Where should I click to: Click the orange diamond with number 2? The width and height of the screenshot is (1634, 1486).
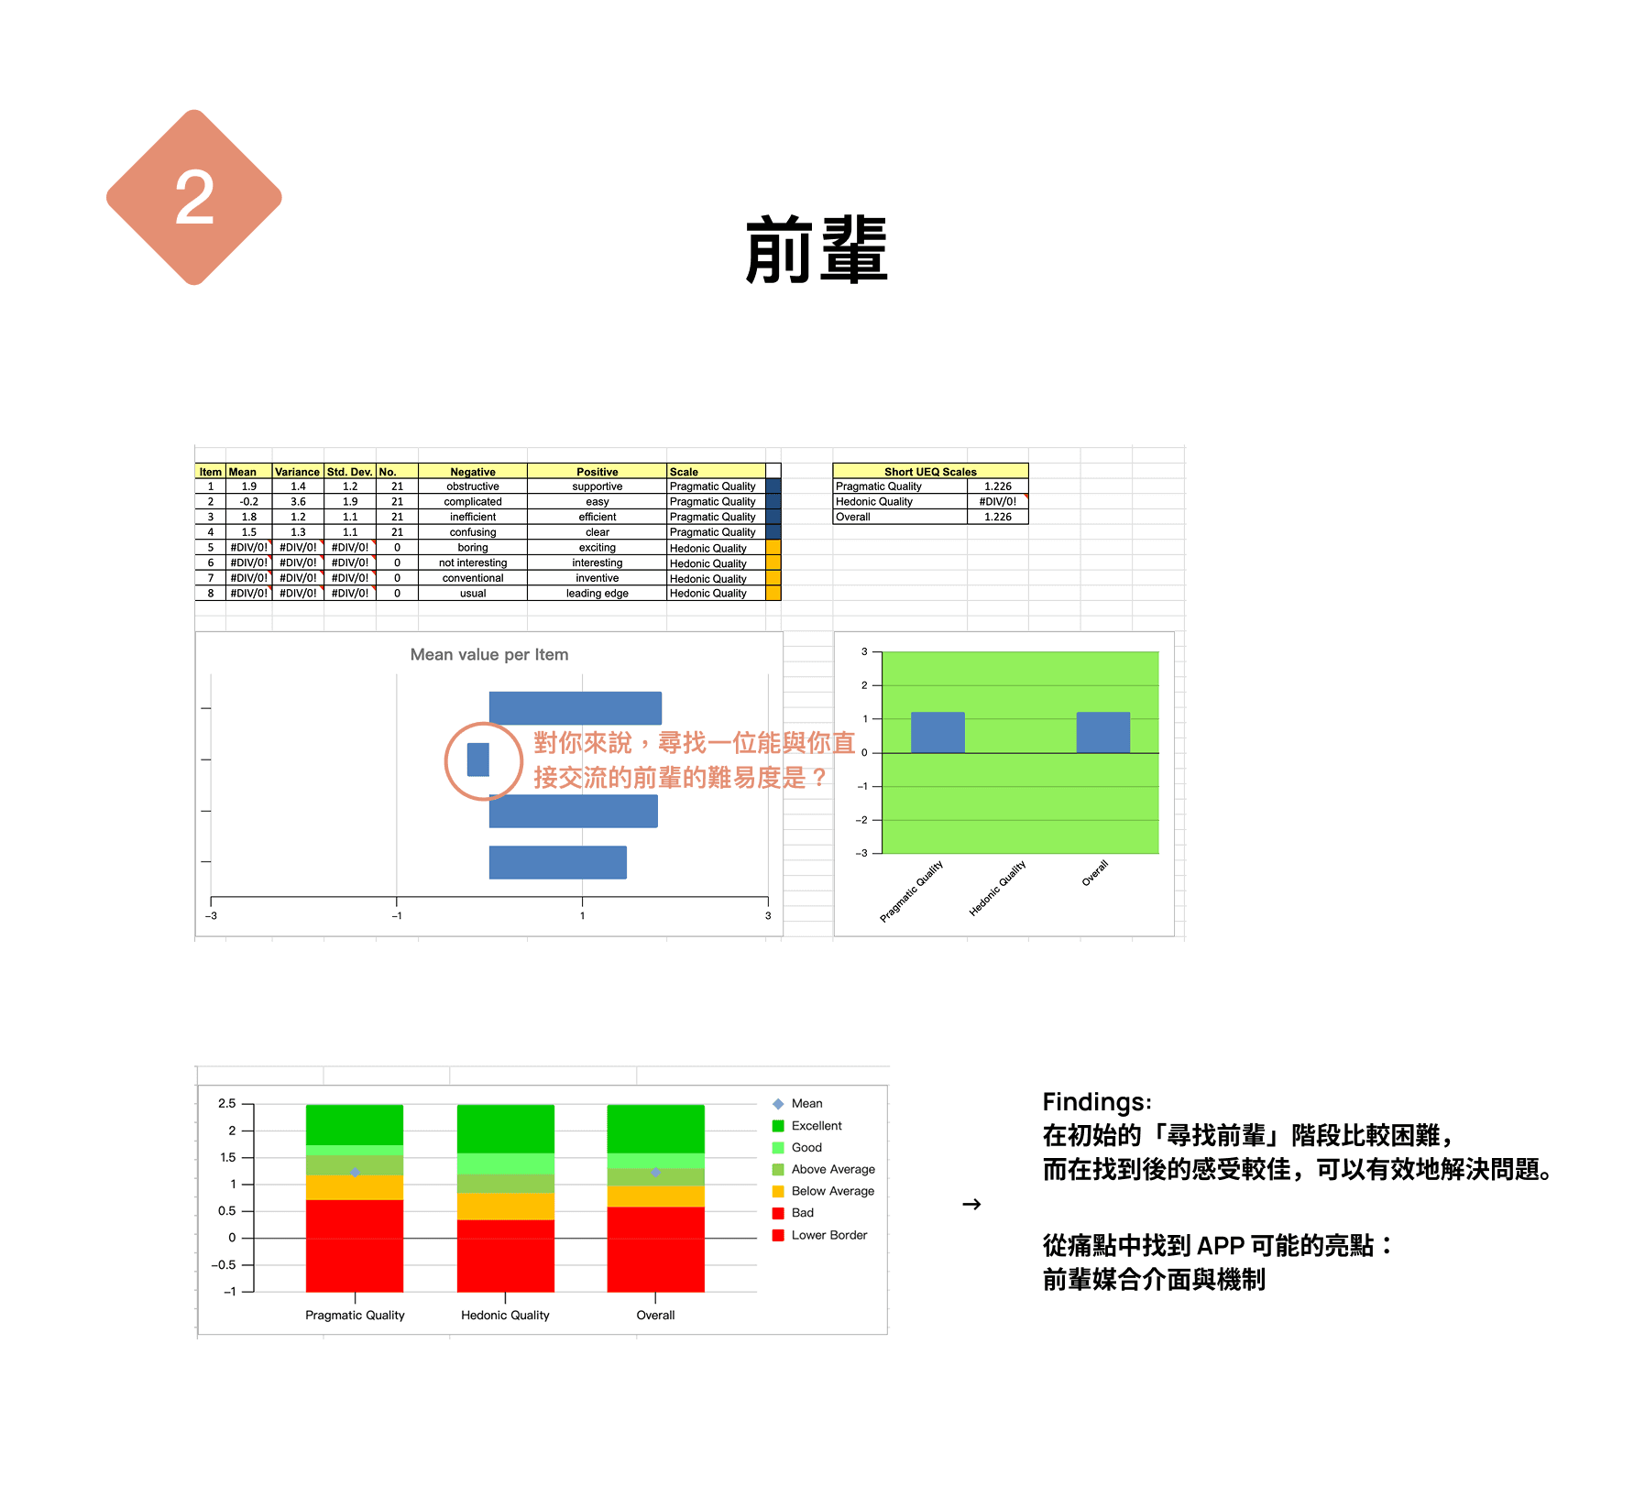[x=194, y=197]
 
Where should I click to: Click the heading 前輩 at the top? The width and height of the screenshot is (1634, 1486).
[x=816, y=249]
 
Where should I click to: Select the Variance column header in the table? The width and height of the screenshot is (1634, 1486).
[x=297, y=472]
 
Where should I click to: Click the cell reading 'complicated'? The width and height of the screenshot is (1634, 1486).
[x=473, y=502]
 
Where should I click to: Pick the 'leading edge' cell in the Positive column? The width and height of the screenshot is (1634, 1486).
[x=597, y=594]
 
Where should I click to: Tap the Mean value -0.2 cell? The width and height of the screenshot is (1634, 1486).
[x=248, y=502]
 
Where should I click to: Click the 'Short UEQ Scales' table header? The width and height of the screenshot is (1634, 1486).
[x=930, y=472]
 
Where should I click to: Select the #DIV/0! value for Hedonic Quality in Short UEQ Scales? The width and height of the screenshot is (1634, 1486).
[x=997, y=502]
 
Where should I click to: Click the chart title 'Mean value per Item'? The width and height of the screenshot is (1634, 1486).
[x=489, y=655]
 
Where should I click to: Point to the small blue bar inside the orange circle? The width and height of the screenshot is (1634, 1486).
[x=478, y=759]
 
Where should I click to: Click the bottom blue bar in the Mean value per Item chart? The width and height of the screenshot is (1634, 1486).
[x=557, y=862]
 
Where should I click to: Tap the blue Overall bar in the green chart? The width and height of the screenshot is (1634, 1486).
[x=1102, y=732]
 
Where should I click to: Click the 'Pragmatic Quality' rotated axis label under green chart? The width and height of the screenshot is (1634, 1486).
[x=911, y=891]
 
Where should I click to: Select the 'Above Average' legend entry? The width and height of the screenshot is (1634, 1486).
[x=832, y=1169]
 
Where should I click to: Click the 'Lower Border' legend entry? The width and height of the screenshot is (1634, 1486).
[x=828, y=1235]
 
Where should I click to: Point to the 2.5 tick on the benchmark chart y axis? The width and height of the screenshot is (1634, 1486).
[x=227, y=1104]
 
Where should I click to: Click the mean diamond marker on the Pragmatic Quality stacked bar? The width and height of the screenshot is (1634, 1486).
[x=355, y=1173]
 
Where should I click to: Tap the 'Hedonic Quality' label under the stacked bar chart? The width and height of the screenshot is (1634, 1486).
[x=505, y=1316]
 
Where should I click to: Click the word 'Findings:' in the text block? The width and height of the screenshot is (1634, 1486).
[x=1097, y=1102]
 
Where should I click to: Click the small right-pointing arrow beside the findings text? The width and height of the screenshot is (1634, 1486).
[x=971, y=1204]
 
